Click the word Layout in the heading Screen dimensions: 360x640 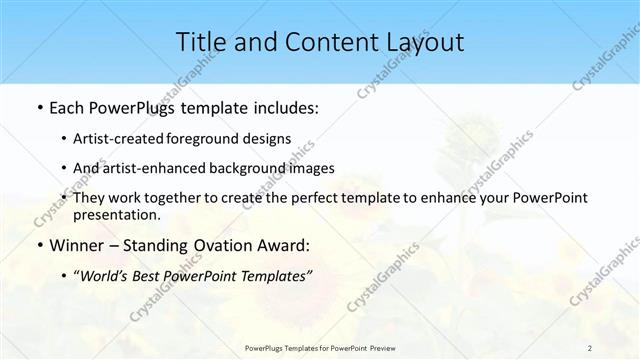[425, 42]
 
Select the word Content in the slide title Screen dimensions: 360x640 [326, 42]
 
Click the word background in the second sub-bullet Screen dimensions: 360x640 [261, 168]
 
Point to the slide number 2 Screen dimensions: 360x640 [590, 347]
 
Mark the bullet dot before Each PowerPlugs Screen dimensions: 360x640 [38, 107]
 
